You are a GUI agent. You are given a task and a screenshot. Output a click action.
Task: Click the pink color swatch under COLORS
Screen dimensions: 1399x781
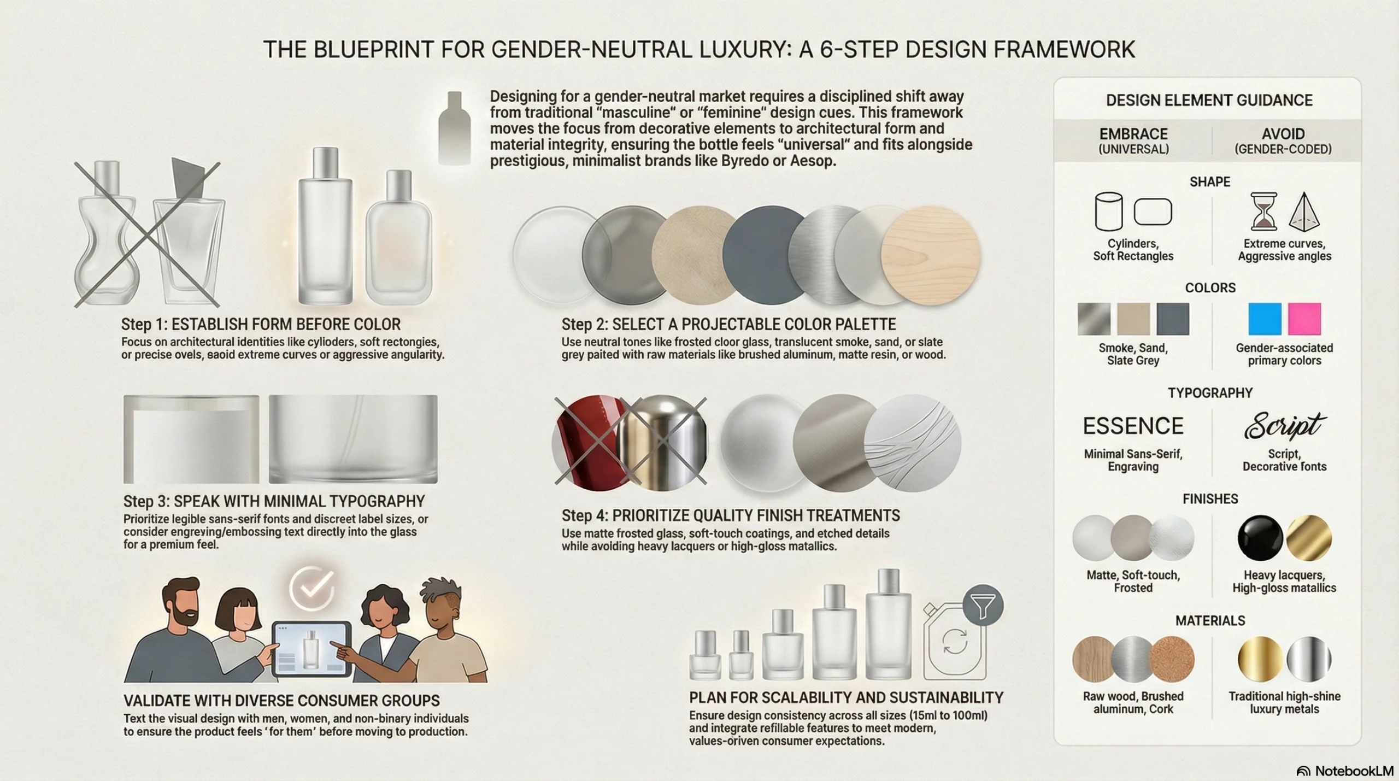(1304, 319)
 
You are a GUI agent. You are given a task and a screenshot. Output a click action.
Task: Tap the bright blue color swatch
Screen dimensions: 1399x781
(1265, 319)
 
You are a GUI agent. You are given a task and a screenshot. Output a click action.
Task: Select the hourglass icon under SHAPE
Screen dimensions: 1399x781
(1263, 211)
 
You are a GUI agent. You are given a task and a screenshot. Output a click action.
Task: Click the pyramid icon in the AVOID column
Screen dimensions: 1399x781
(1304, 212)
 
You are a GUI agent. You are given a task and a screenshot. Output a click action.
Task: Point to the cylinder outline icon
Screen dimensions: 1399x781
(1109, 211)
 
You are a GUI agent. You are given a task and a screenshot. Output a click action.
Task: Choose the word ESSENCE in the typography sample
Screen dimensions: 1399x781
(1133, 426)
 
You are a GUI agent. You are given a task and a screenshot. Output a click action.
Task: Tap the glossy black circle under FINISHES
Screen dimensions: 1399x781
(1260, 538)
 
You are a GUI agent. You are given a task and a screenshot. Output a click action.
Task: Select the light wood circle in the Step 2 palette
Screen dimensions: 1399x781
(931, 255)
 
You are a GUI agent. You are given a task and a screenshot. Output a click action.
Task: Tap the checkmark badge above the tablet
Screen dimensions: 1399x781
(312, 588)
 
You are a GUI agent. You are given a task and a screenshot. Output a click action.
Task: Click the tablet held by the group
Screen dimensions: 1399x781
(312, 649)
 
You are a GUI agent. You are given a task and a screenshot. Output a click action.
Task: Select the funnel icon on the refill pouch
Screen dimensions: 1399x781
(983, 605)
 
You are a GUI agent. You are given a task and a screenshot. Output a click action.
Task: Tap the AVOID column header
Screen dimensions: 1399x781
(1283, 140)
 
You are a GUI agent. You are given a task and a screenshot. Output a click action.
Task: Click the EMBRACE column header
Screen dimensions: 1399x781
(1133, 140)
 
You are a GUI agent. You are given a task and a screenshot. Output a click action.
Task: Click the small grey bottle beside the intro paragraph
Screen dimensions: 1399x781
(454, 128)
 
